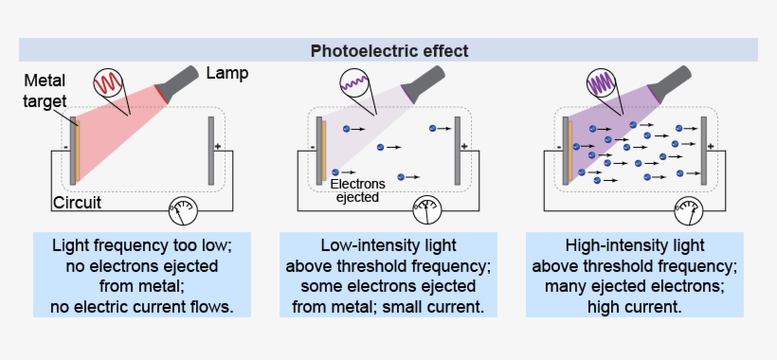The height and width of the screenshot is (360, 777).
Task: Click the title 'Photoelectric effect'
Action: [x=388, y=50]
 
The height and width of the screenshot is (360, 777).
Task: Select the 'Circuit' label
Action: [x=77, y=203]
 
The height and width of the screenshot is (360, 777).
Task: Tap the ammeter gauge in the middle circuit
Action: [x=429, y=208]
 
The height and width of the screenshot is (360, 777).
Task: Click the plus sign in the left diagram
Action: [x=218, y=147]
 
